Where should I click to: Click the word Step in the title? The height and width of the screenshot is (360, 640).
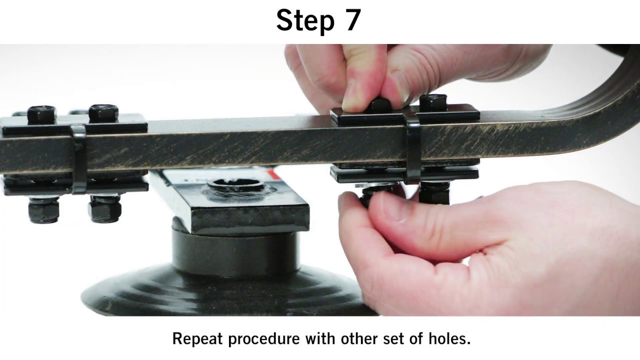(305, 20)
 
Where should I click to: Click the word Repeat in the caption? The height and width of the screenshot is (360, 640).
(197, 338)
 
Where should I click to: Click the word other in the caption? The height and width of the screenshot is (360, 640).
(359, 338)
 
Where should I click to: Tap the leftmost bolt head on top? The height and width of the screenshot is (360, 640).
(41, 115)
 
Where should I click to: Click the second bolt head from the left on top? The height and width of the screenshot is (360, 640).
(103, 113)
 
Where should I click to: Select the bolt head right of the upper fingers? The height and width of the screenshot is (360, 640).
(433, 103)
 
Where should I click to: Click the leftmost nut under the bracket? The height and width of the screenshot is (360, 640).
(44, 209)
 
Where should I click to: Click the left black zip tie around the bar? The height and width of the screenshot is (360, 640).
(79, 159)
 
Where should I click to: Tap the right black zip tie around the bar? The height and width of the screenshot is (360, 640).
(412, 151)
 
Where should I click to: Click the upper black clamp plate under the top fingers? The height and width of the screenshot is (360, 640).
(405, 115)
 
